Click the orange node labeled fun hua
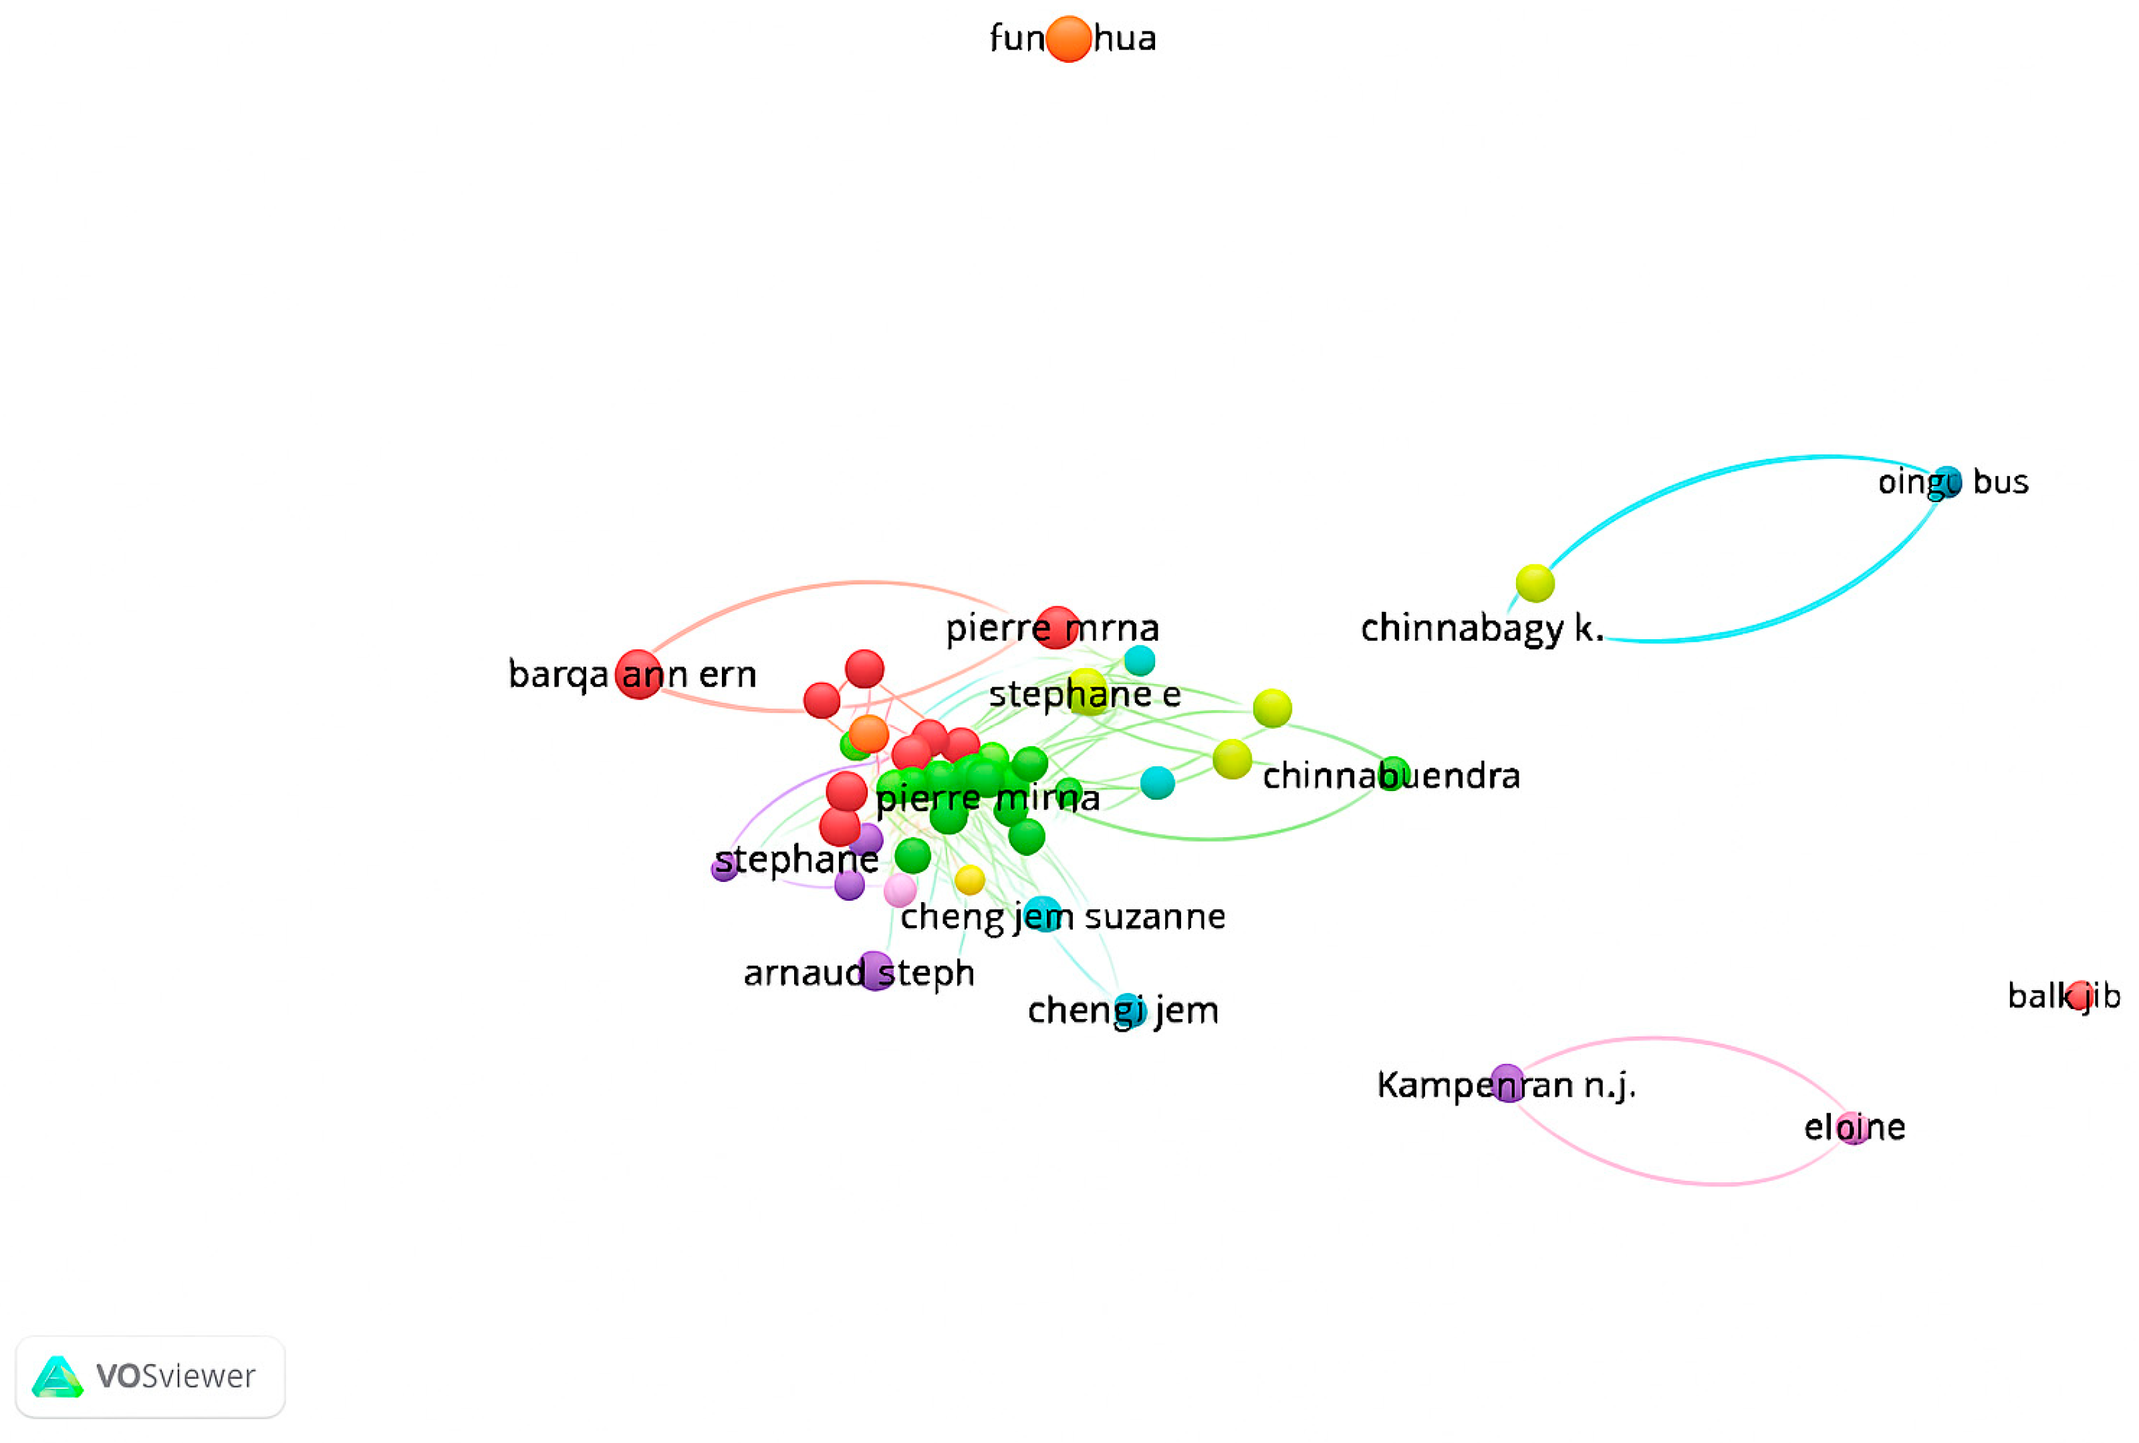click(x=1067, y=39)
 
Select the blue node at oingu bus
click(x=1946, y=481)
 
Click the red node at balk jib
click(x=2080, y=995)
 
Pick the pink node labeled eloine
click(x=1853, y=1127)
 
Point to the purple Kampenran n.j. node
click(x=1507, y=1083)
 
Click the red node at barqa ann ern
click(x=638, y=675)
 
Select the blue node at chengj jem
click(x=1130, y=1010)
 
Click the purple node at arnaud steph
click(x=874, y=971)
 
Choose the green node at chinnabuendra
click(x=1393, y=774)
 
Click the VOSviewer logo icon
click(x=57, y=1377)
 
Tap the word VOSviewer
click(x=176, y=1377)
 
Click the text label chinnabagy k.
click(x=1481, y=629)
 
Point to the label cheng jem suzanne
click(x=1063, y=917)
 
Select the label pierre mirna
click(x=987, y=798)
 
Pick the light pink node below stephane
click(x=899, y=890)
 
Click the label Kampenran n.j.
click(x=1506, y=1086)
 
